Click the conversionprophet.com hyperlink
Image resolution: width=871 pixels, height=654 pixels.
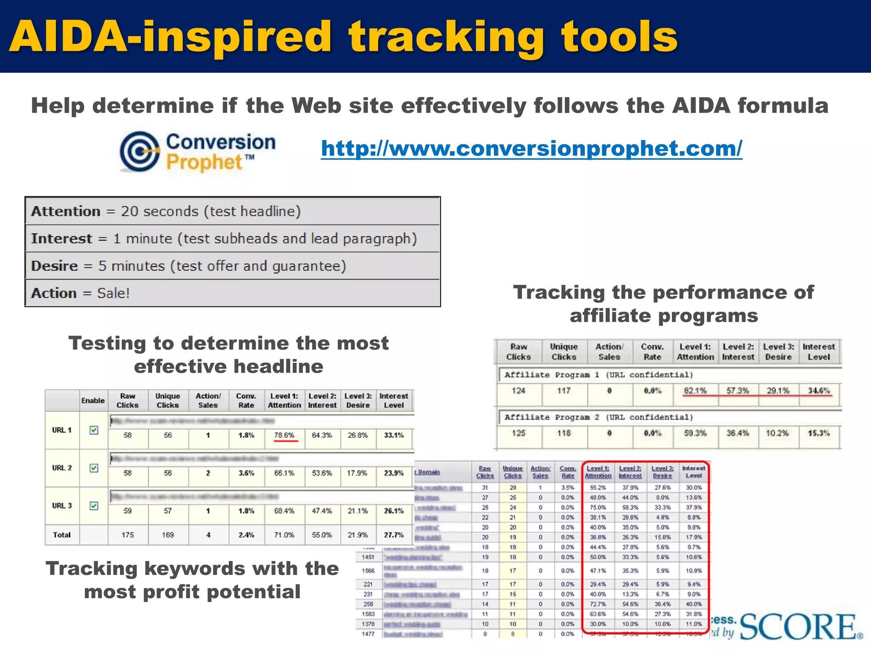[532, 148]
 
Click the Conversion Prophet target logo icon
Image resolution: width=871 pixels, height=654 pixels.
[139, 151]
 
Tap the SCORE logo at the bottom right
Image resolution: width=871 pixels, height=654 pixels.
[800, 627]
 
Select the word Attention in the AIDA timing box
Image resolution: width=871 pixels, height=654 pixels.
[65, 211]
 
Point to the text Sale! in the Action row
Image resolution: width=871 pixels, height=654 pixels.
[113, 293]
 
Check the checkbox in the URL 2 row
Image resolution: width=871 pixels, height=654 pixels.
[94, 468]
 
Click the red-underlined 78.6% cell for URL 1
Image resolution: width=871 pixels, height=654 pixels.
[284, 435]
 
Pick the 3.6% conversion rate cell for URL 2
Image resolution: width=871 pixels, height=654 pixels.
[246, 473]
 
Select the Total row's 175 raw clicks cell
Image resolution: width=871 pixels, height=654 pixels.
[128, 535]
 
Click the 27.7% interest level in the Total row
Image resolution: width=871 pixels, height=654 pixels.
[394, 535]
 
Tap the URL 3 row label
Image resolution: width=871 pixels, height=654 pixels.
[62, 506]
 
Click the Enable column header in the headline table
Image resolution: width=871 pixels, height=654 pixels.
[93, 401]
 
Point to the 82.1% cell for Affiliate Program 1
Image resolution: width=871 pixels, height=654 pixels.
[695, 391]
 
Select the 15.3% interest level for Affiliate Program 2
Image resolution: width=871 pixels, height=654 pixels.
[819, 433]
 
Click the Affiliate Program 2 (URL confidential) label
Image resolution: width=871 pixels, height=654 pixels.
[598, 417]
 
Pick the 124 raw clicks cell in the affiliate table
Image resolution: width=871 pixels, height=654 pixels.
[518, 391]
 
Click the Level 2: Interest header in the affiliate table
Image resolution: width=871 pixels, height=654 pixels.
[738, 352]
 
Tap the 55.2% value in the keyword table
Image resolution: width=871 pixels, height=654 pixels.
[598, 488]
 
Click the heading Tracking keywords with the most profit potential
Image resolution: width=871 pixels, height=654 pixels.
[192, 580]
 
